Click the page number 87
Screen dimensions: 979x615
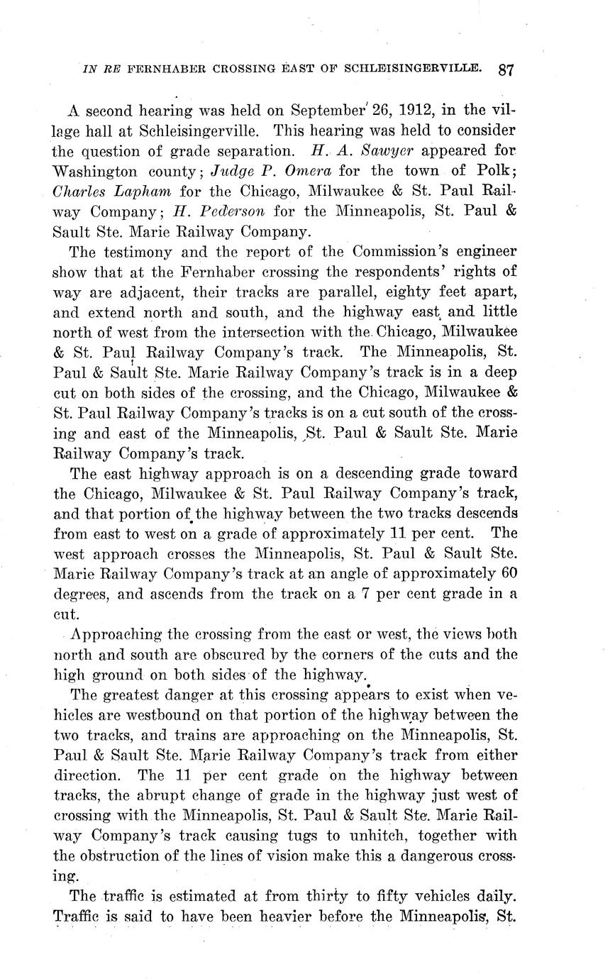tap(506, 70)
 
